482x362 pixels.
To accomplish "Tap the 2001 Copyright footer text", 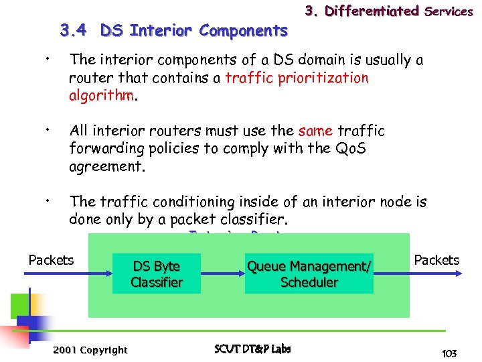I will pos(90,350).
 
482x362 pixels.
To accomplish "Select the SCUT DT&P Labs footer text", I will pos(252,349).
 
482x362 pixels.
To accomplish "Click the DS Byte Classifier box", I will pos(157,274).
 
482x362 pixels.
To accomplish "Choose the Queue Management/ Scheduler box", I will pos(309,274).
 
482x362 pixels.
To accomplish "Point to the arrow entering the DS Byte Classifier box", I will pos(93,274).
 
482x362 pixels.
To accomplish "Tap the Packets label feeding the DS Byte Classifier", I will pos(51,260).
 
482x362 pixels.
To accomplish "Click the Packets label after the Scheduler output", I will pos(436,260).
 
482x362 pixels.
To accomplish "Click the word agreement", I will pos(106,166).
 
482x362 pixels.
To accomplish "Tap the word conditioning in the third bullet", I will pos(176,202).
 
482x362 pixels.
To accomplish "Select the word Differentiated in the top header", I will pos(372,11).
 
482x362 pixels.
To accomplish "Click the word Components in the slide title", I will pos(243,31).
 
